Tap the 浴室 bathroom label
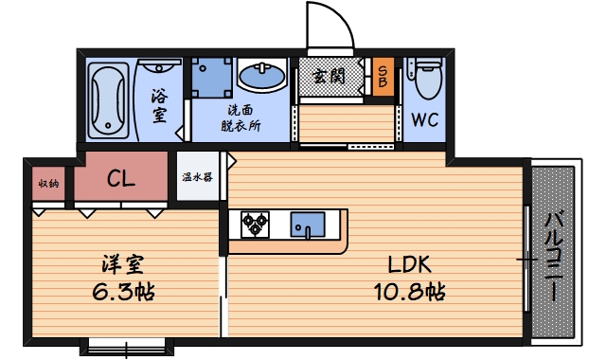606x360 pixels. (x=159, y=103)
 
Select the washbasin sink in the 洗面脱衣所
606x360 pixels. (x=260, y=74)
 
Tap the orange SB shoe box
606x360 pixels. (x=383, y=75)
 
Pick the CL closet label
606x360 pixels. (x=120, y=177)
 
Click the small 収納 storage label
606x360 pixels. (x=48, y=182)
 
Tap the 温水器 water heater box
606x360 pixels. (x=197, y=177)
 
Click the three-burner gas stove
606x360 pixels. (x=255, y=224)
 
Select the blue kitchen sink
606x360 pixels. (x=308, y=225)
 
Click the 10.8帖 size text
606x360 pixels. (x=407, y=292)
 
